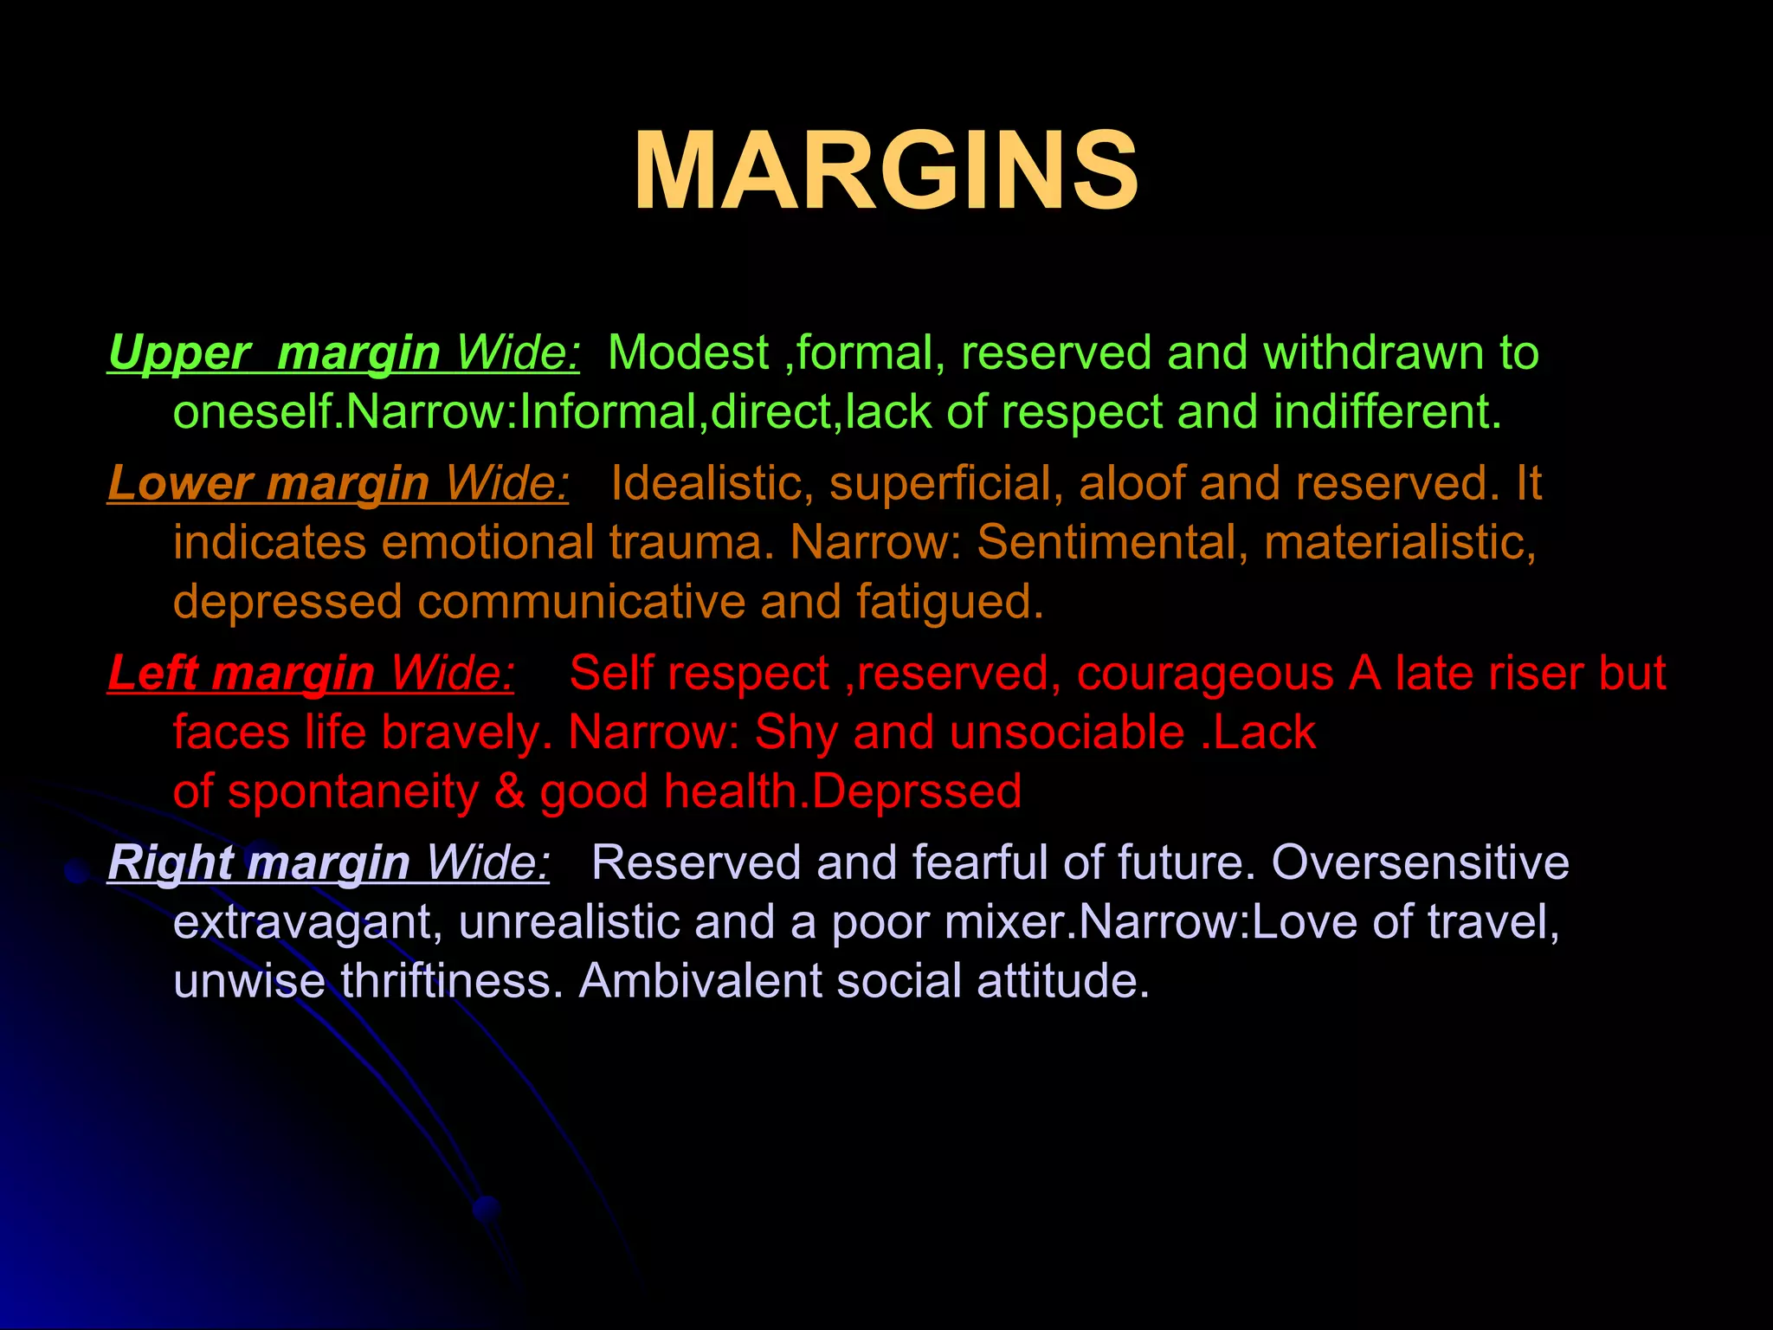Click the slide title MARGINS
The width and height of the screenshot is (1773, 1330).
click(886, 171)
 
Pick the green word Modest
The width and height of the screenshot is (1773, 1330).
click(688, 353)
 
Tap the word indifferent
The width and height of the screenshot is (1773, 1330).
click(1386, 412)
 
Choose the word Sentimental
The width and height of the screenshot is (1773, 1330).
click(1112, 543)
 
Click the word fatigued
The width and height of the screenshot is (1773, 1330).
click(950, 602)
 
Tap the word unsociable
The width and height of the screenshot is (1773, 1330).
click(1067, 733)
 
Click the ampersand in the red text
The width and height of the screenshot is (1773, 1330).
click(510, 791)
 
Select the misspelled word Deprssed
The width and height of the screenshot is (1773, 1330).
click(917, 791)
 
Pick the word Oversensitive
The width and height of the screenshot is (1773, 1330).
click(1420, 863)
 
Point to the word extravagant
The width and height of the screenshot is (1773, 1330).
click(308, 923)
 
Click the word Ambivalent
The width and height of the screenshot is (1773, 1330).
click(700, 982)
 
